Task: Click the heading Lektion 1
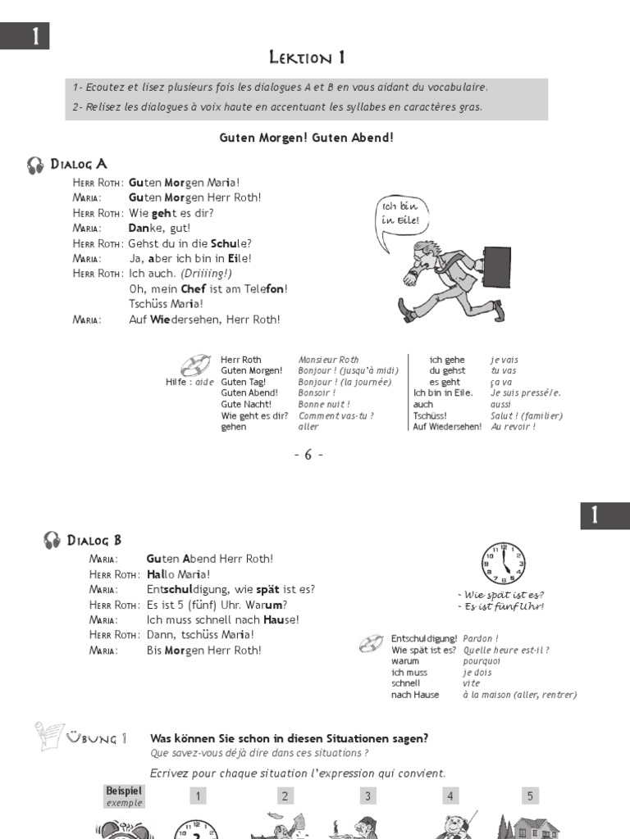(x=307, y=57)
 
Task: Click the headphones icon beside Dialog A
(x=35, y=165)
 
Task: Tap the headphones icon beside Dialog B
(x=52, y=540)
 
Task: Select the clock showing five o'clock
(x=503, y=565)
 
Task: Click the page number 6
(x=308, y=455)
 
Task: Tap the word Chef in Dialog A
(x=193, y=288)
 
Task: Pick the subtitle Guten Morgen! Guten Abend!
(x=307, y=137)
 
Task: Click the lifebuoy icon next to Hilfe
(x=196, y=364)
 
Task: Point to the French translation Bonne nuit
(x=324, y=404)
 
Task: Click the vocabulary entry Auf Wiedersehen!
(x=447, y=427)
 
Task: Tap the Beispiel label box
(x=124, y=796)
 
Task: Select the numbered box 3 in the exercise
(x=368, y=796)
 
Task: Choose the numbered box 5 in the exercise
(x=530, y=796)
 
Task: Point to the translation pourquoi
(x=482, y=660)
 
